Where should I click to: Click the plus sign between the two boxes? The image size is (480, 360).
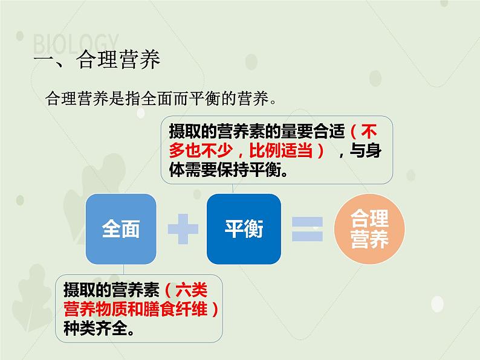[183, 230]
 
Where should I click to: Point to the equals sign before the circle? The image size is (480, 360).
[307, 230]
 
